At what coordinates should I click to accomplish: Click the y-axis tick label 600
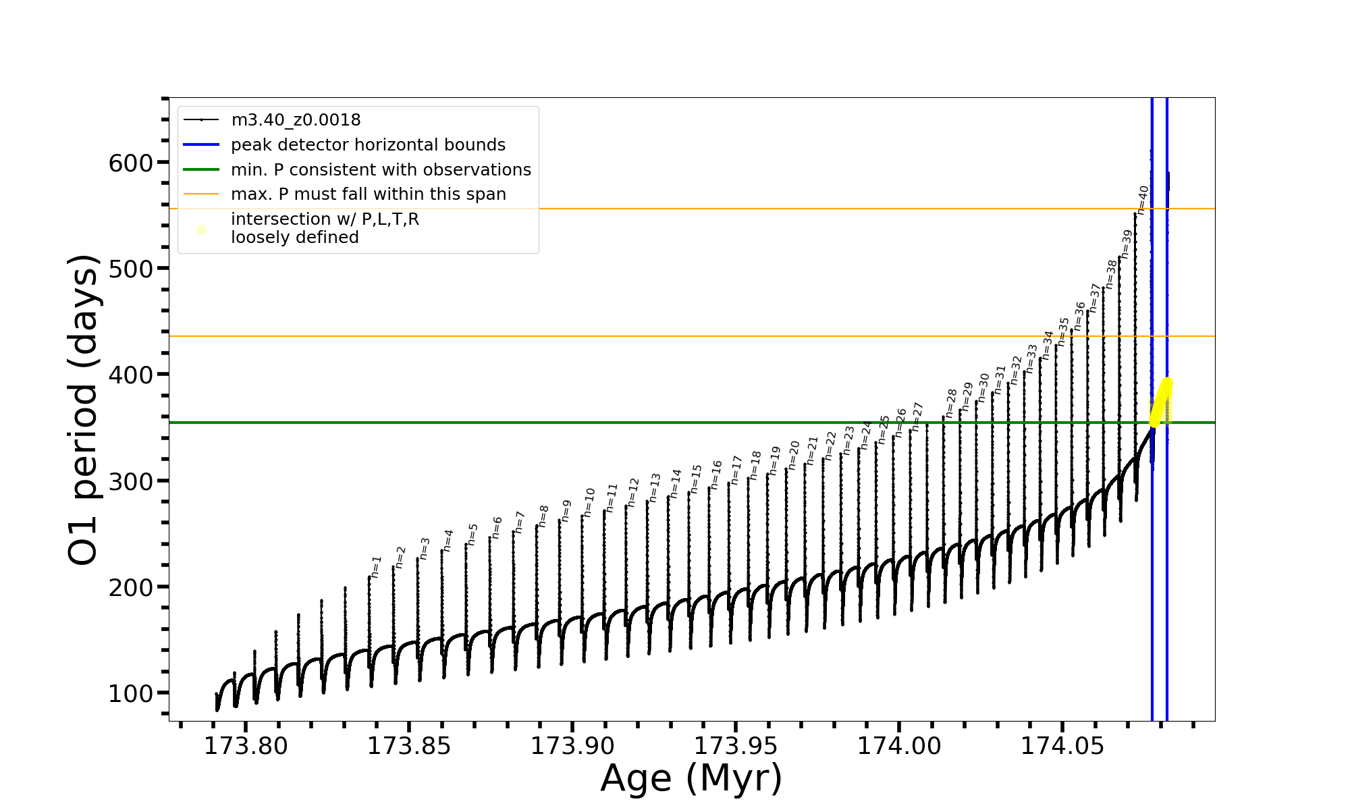pyautogui.click(x=131, y=163)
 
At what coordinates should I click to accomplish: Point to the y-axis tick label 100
pyautogui.click(x=131, y=693)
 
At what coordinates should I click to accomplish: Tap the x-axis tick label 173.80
pyautogui.click(x=246, y=746)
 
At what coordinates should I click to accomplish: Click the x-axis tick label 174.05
pyautogui.click(x=1062, y=746)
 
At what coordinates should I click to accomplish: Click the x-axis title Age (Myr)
pyautogui.click(x=691, y=778)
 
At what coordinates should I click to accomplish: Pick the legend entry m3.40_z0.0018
pyautogui.click(x=296, y=120)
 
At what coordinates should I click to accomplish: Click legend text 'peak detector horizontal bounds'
pyautogui.click(x=368, y=145)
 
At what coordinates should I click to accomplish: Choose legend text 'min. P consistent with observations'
pyautogui.click(x=381, y=170)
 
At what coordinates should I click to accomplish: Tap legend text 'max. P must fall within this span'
pyautogui.click(x=368, y=194)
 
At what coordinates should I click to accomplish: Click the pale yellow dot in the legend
pyautogui.click(x=201, y=230)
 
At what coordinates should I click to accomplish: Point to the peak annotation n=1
pyautogui.click(x=377, y=567)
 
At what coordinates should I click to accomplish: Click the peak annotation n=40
pyautogui.click(x=1142, y=200)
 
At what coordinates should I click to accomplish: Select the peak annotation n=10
pyautogui.click(x=589, y=503)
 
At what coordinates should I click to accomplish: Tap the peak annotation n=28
pyautogui.click(x=951, y=403)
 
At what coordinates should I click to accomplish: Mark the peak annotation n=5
pyautogui.click(x=473, y=534)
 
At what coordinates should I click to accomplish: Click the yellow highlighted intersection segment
pyautogui.click(x=1162, y=402)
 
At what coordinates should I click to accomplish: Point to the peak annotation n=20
pyautogui.click(x=794, y=455)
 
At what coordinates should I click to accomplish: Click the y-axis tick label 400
pyautogui.click(x=131, y=375)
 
